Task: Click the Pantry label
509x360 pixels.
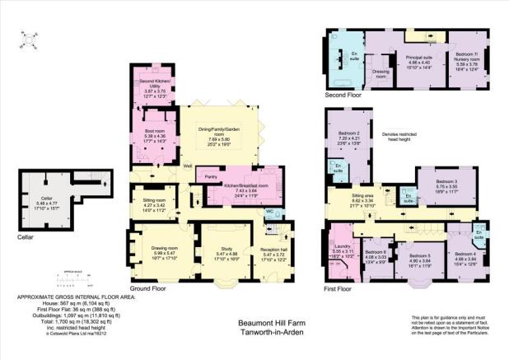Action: click(211, 177)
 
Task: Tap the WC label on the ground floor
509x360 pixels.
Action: click(270, 211)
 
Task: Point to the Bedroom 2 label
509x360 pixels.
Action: click(349, 134)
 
